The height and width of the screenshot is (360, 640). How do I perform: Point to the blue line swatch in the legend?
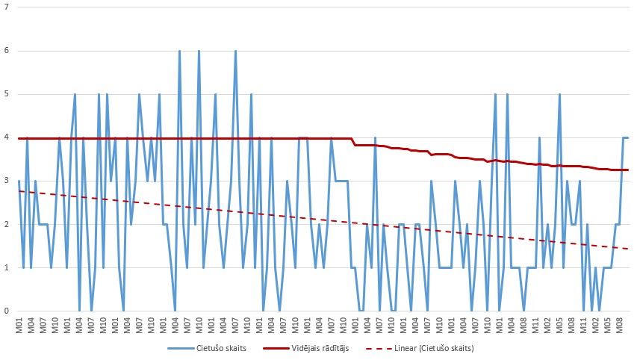click(179, 348)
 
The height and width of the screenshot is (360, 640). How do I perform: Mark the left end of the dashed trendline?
click(19, 191)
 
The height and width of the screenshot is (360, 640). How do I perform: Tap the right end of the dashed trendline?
click(628, 249)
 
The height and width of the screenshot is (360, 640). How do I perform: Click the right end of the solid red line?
click(628, 170)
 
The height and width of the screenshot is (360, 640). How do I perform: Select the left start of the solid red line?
click(19, 138)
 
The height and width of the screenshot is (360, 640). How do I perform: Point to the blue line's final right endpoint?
click(628, 138)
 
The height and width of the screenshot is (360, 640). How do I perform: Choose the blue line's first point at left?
click(19, 181)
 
